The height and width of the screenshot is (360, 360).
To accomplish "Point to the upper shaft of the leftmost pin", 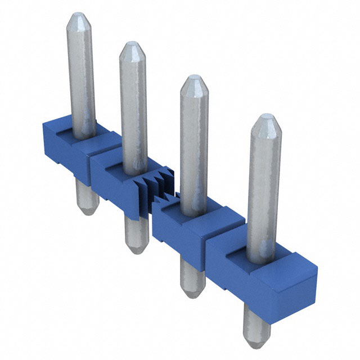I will click(x=80, y=73).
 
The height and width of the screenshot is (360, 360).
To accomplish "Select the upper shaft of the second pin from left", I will click(x=133, y=101).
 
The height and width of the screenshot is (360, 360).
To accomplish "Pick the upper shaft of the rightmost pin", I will click(x=264, y=180).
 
